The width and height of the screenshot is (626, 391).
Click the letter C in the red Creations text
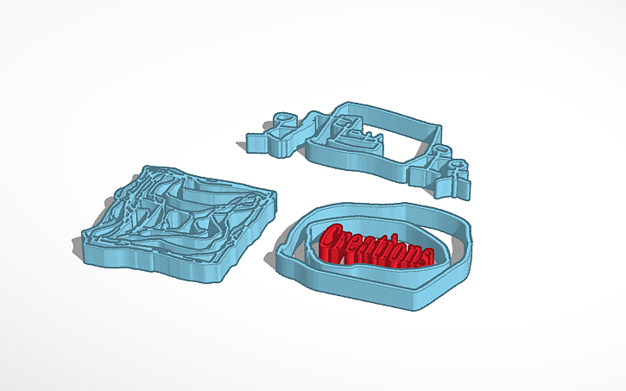[331, 237]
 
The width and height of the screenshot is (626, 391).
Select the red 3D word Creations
[376, 246]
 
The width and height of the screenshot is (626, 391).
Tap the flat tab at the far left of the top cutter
[257, 141]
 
